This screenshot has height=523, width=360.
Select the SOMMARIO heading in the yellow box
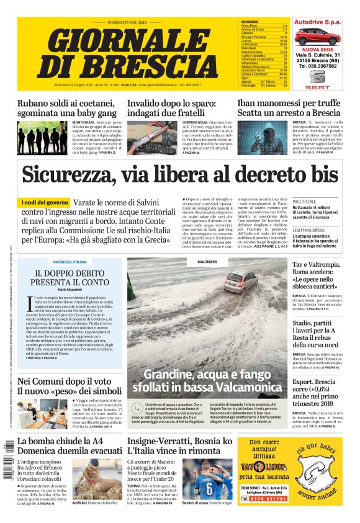[x=250, y=21]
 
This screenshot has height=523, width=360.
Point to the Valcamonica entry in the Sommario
[x=251, y=62]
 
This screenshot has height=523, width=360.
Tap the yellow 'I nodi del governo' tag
[x=44, y=203]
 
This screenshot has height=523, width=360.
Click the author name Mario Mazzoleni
[x=70, y=290]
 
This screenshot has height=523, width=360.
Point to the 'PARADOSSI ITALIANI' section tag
[x=70, y=262]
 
